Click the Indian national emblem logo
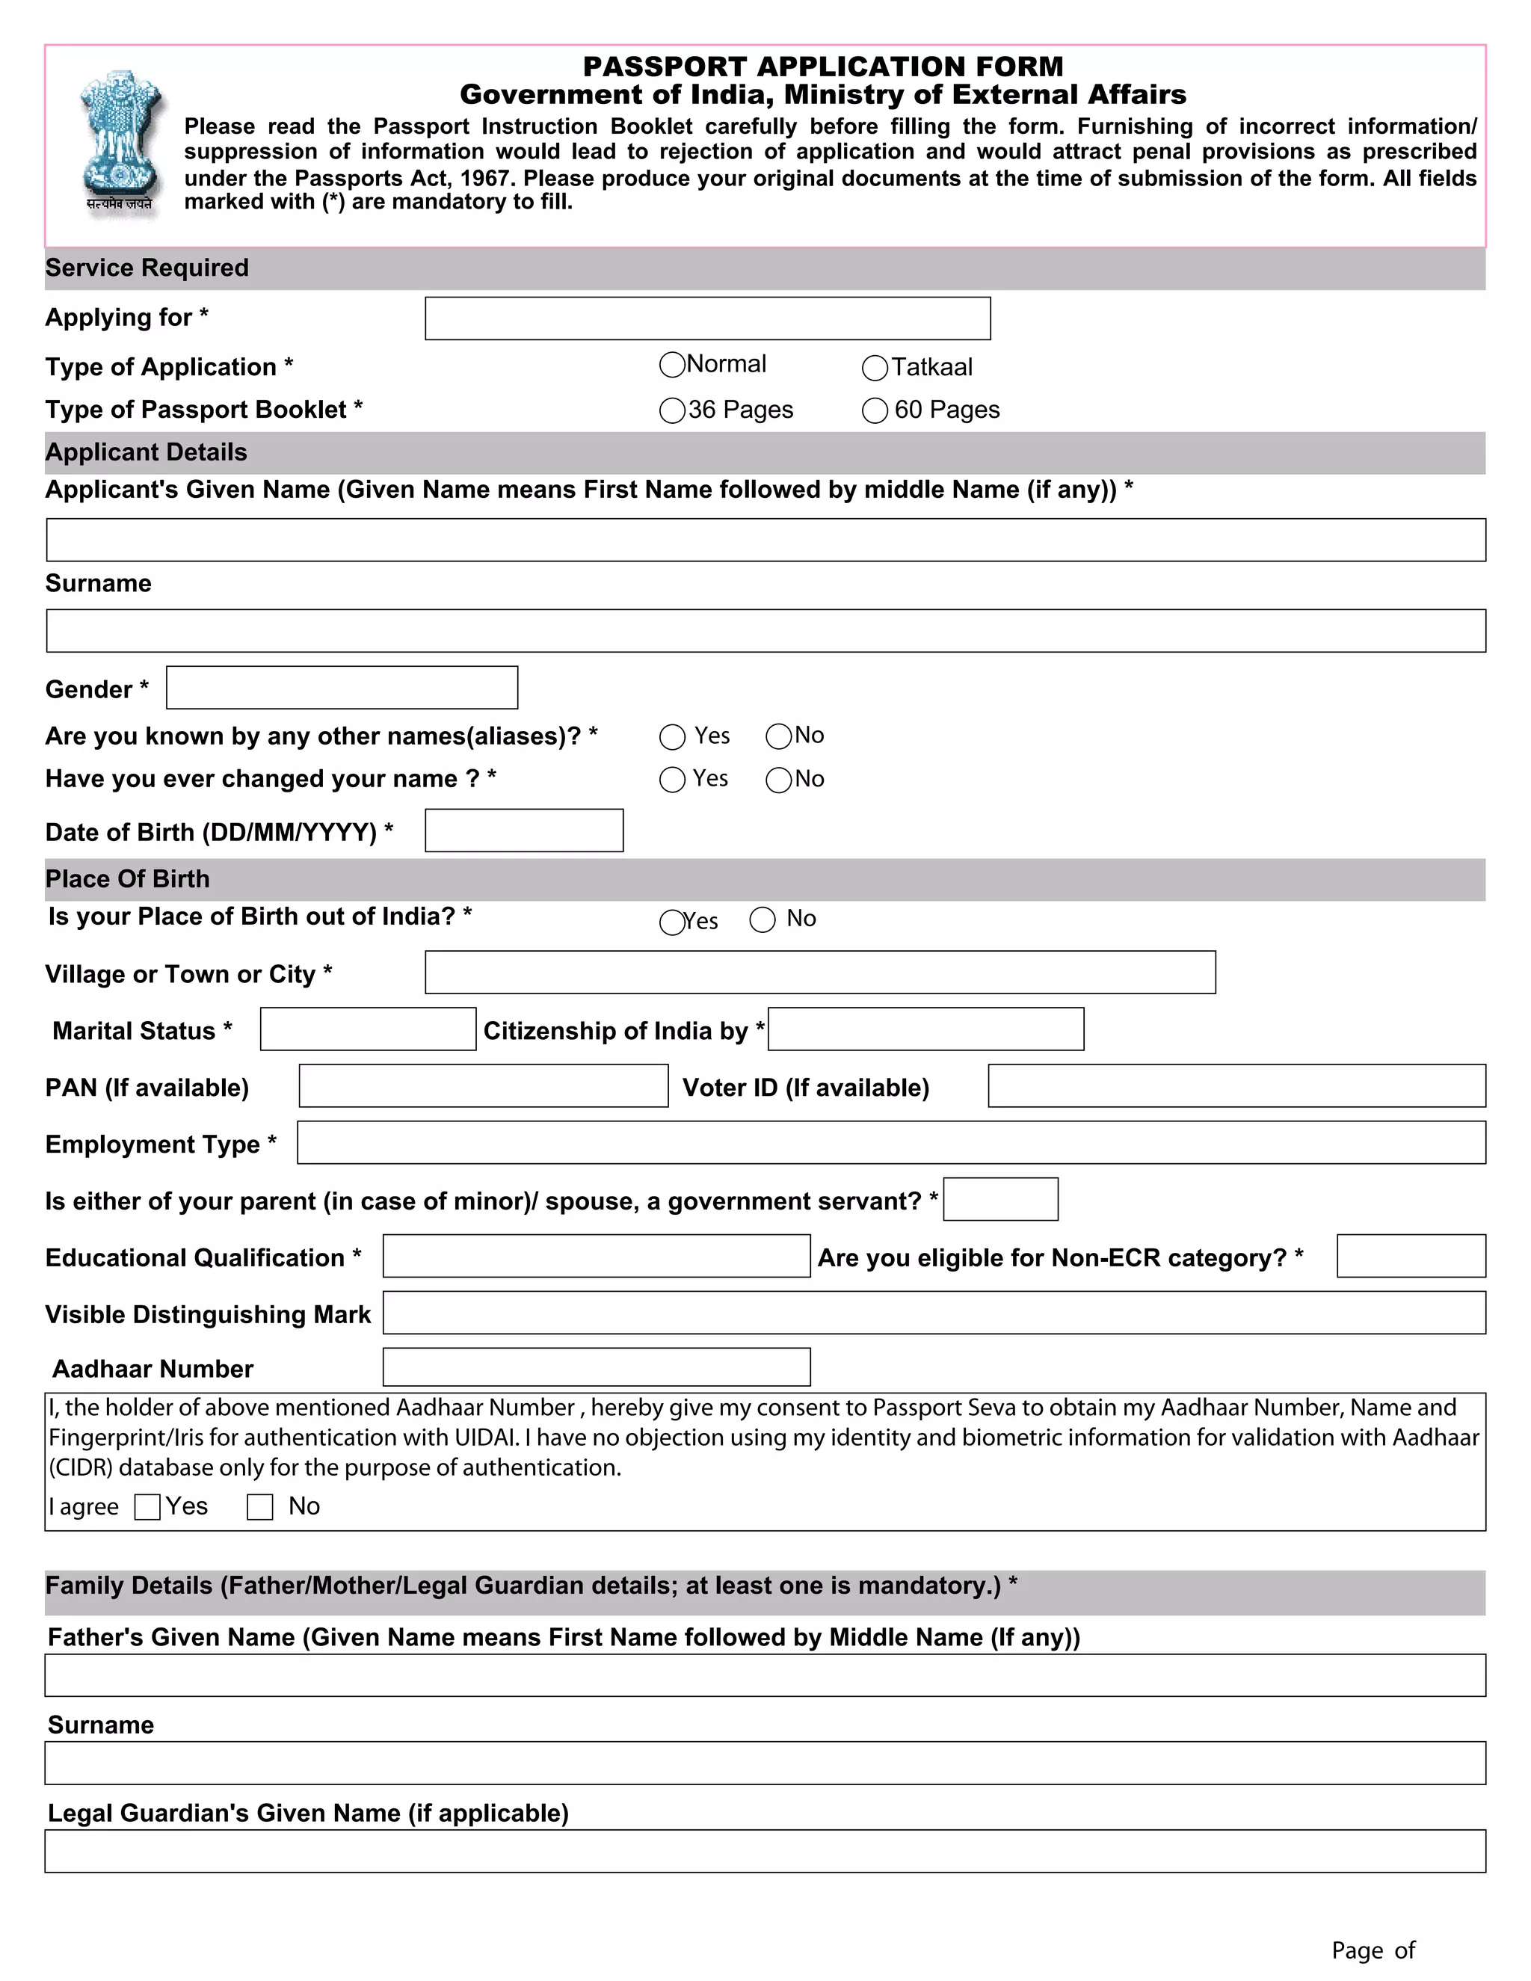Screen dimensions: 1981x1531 [x=120, y=141]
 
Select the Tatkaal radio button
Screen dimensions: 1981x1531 [x=875, y=369]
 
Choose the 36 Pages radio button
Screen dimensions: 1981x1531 [x=672, y=411]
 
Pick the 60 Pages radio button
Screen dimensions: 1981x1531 [x=875, y=411]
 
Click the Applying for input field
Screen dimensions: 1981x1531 [x=707, y=318]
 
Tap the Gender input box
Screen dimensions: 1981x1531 [x=342, y=688]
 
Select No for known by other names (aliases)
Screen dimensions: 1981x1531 [x=778, y=736]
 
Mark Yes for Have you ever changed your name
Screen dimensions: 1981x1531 [x=672, y=780]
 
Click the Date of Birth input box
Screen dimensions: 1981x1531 [x=524, y=831]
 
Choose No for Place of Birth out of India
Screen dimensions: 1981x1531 [x=763, y=919]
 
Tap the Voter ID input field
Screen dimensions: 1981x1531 [x=1236, y=1085]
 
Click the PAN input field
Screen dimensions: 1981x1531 [x=484, y=1085]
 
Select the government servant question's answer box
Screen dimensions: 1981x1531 [x=1000, y=1199]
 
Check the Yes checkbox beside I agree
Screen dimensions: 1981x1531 [x=147, y=1508]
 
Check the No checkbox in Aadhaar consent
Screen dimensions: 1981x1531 [x=260, y=1508]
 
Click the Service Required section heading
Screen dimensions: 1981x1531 [x=147, y=268]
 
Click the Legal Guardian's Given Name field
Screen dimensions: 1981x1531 [x=765, y=1851]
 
